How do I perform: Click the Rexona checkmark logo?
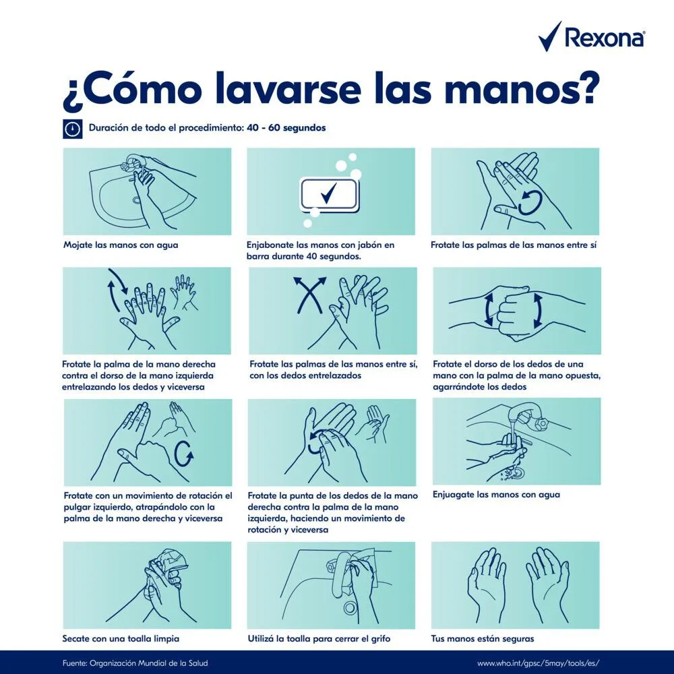tap(549, 36)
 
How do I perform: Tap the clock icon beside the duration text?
tap(73, 129)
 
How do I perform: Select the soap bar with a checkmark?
tap(330, 195)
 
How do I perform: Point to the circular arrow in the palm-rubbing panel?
tap(530, 202)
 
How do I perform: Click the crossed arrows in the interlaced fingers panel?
tap(309, 295)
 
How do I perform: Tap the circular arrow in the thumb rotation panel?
tap(185, 454)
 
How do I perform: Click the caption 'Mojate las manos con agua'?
tap(121, 245)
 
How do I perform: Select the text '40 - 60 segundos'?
tap(286, 127)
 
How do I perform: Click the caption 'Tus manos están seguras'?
tap(483, 638)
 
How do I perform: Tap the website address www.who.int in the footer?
tap(538, 663)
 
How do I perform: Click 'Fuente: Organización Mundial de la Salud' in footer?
tap(135, 663)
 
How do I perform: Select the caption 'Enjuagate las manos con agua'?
tap(496, 494)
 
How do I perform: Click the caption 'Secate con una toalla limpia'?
tap(121, 638)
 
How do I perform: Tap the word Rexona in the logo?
tap(605, 38)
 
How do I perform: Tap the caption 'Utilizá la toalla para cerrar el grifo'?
tap(319, 638)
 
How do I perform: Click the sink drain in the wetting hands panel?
tap(137, 200)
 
